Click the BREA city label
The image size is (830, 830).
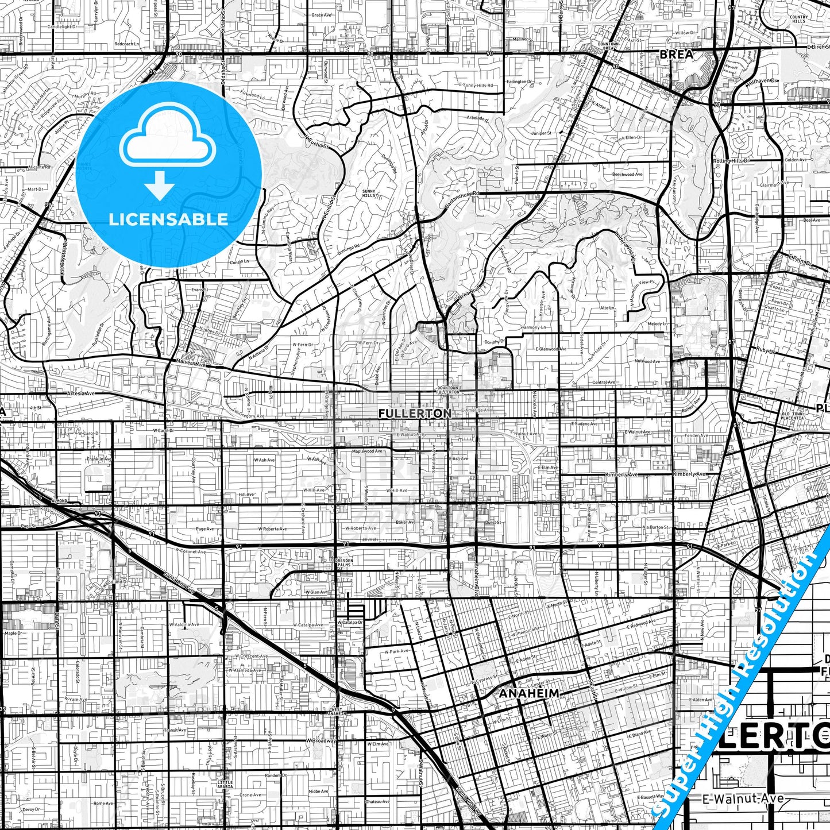click(677, 54)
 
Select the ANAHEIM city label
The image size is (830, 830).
click(529, 693)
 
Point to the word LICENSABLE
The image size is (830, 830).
click(168, 219)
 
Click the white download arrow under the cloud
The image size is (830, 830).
click(160, 185)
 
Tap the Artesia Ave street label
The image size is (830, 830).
click(80, 394)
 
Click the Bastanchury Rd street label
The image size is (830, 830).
click(461, 199)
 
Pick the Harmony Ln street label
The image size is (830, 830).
click(534, 327)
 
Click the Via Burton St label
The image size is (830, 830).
click(655, 527)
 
